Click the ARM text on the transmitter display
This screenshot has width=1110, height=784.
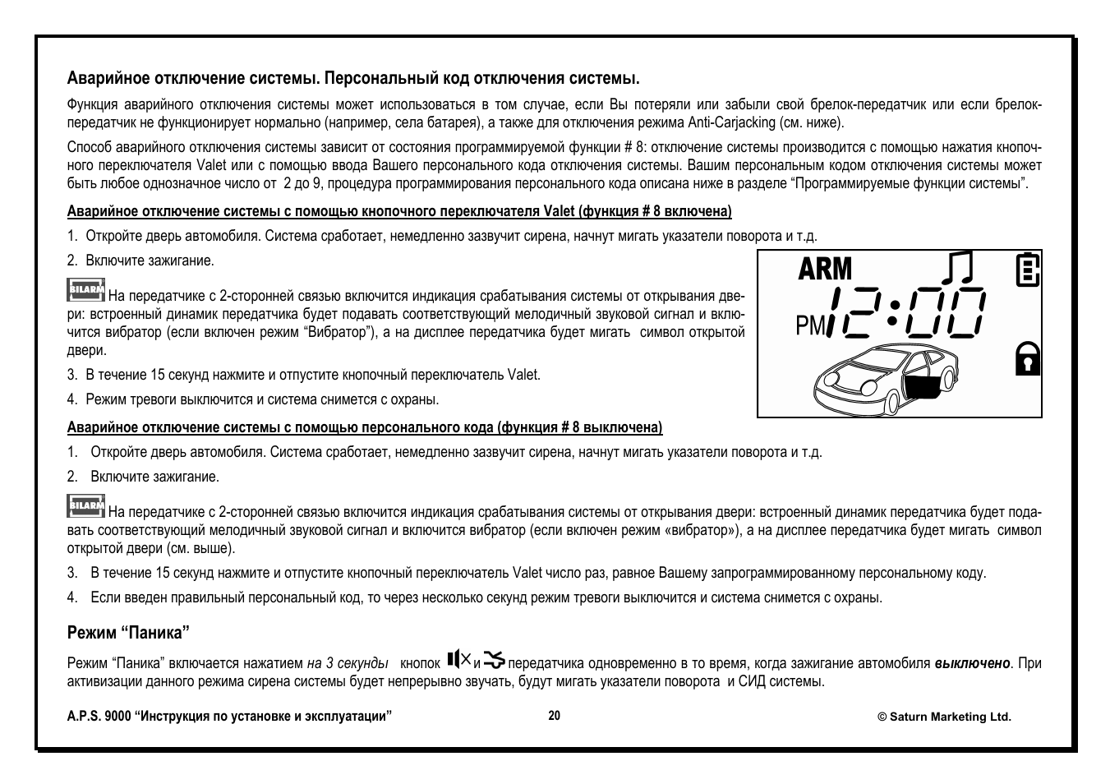pos(825,269)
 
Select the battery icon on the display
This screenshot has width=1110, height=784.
pos(1027,270)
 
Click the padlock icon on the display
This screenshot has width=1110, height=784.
pos(1027,357)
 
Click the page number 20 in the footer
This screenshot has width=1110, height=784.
pos(555,716)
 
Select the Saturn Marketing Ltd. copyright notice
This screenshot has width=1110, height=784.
pos(944,717)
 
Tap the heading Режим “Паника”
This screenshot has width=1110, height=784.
pos(128,633)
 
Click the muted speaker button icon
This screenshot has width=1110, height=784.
pos(459,659)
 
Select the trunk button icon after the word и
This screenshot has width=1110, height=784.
pos(495,660)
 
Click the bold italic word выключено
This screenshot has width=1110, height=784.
pos(972,663)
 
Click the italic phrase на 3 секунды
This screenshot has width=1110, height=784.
pos(348,663)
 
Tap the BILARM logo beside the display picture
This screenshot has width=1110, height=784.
pos(85,290)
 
